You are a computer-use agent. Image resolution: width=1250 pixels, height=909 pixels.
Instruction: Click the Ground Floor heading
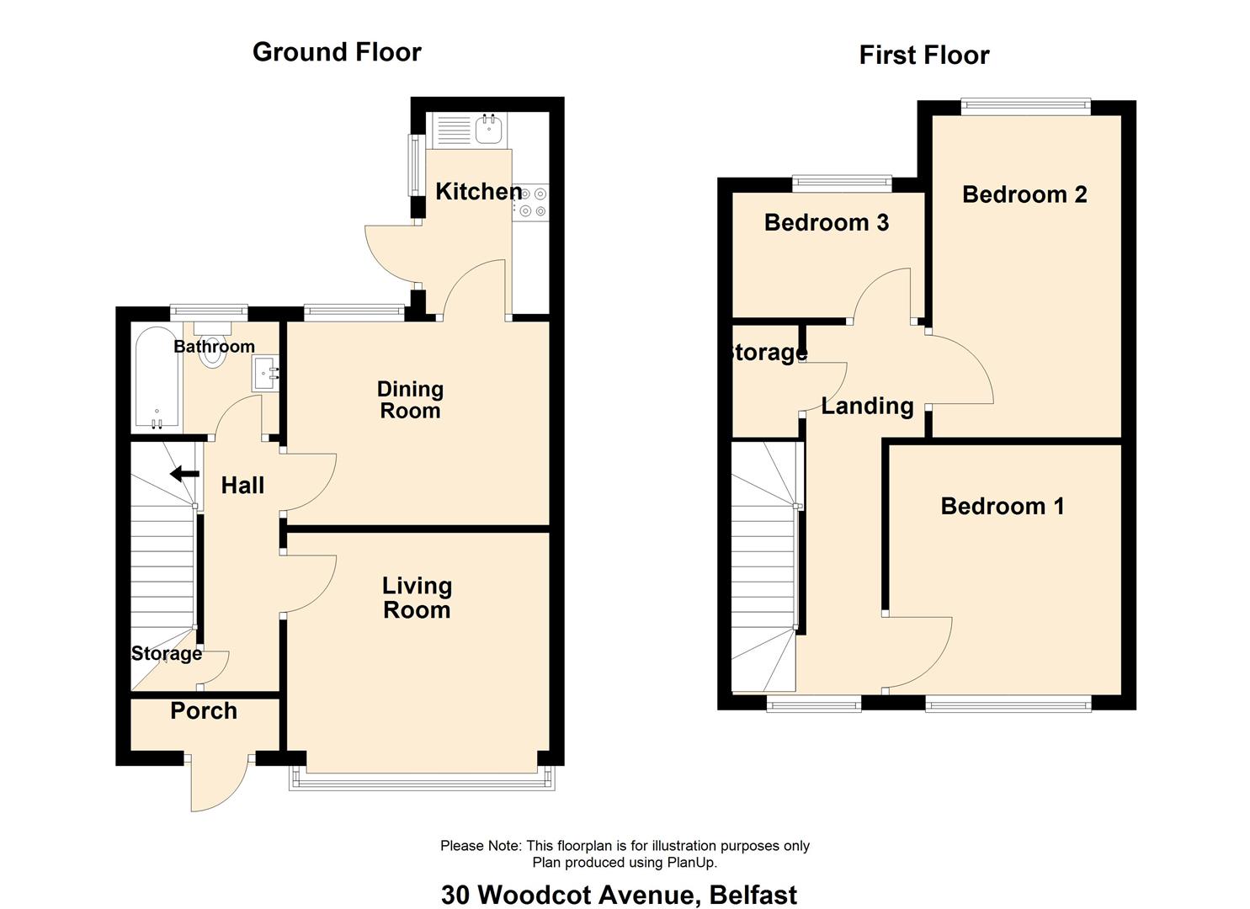click(x=337, y=52)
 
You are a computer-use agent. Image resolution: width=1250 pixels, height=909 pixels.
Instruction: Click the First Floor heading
click(x=924, y=56)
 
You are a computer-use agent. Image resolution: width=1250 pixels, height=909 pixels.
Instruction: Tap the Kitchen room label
click(x=479, y=191)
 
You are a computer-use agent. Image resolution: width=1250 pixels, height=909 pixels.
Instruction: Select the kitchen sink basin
click(x=489, y=130)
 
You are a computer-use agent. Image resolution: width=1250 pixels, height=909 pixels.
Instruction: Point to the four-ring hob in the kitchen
click(x=530, y=203)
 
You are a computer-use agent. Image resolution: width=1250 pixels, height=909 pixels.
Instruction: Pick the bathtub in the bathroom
click(x=157, y=379)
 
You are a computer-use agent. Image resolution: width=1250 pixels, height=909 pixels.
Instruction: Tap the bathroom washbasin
click(x=266, y=373)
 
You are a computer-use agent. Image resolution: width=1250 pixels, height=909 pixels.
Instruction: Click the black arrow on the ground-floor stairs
click(x=184, y=475)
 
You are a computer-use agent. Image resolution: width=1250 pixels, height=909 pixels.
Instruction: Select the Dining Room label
click(x=410, y=400)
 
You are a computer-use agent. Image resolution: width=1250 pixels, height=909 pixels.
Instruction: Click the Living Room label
click(x=417, y=598)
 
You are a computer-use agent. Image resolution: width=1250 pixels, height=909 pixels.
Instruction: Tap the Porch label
click(x=204, y=711)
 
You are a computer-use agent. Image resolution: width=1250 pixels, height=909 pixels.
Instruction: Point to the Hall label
click(x=242, y=486)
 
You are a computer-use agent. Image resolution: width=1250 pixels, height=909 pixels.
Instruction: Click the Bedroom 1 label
click(x=1003, y=507)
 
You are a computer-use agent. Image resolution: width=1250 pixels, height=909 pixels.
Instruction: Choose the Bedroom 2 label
click(x=1024, y=194)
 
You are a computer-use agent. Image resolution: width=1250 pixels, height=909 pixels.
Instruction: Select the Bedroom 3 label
click(x=827, y=223)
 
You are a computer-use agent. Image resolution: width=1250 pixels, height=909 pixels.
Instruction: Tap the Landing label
click(x=868, y=407)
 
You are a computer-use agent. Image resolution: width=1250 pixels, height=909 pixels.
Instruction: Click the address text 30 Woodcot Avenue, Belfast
click(x=620, y=895)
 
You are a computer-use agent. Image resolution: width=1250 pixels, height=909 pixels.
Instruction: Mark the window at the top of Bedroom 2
click(x=1025, y=106)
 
